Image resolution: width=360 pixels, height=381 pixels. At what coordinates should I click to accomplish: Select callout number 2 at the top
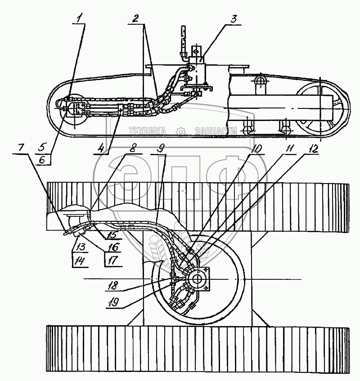(135, 19)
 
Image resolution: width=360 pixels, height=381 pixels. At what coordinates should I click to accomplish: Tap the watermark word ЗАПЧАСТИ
(216, 131)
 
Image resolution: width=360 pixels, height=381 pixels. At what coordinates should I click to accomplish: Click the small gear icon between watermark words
(181, 131)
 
